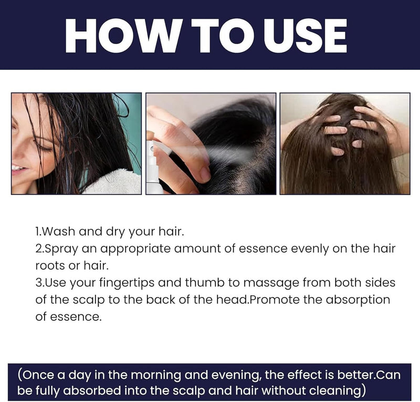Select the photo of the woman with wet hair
point(77,143)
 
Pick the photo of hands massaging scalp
point(344,143)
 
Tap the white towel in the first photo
point(113,181)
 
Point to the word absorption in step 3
point(358,300)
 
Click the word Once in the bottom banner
point(38,376)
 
